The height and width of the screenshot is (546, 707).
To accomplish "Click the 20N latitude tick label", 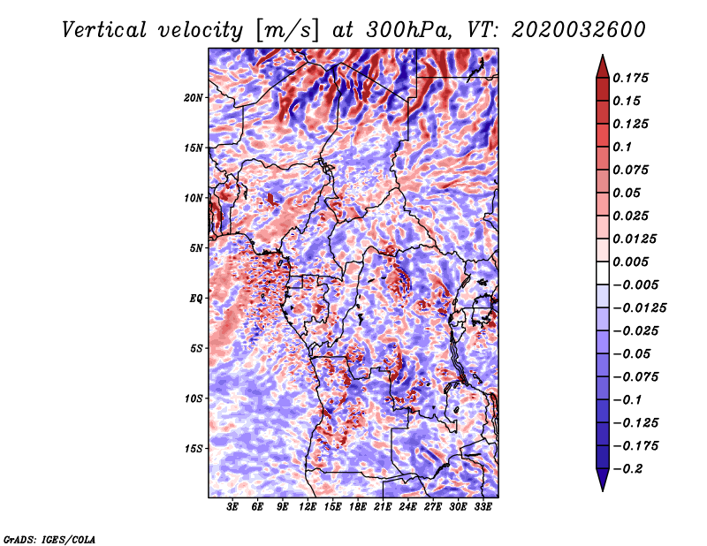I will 194,97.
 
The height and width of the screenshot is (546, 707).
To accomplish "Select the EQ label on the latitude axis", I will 196,298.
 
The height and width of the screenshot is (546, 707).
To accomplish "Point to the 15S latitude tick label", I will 194,448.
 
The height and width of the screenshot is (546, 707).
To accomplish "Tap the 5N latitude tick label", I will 196,247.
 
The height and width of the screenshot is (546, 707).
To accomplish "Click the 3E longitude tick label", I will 232,507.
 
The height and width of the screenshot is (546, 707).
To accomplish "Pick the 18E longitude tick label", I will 358,507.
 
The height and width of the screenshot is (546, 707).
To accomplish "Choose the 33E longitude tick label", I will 483,507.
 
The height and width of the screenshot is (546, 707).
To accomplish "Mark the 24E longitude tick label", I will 408,507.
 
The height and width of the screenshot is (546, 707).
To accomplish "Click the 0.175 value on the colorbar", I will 633,78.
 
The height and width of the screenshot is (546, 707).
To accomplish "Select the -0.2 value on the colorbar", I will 629,468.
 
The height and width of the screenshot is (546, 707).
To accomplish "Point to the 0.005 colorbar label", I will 633,262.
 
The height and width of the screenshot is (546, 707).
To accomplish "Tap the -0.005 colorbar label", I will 636,284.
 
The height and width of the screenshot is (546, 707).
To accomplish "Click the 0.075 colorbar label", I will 633,170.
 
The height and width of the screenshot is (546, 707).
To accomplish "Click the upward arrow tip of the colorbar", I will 601,58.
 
